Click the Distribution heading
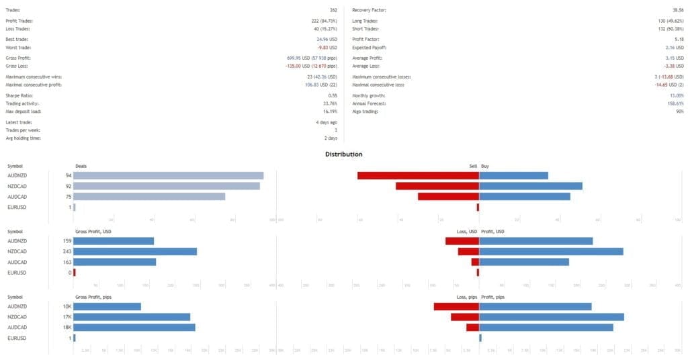(343, 154)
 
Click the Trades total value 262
(333, 10)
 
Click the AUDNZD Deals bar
(168, 175)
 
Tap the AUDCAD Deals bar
(149, 196)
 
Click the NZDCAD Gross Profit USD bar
(135, 251)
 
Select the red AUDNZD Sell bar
(418, 175)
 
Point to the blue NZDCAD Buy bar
(531, 186)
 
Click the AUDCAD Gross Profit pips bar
(134, 327)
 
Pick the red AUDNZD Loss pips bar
(456, 306)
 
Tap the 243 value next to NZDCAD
(67, 251)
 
